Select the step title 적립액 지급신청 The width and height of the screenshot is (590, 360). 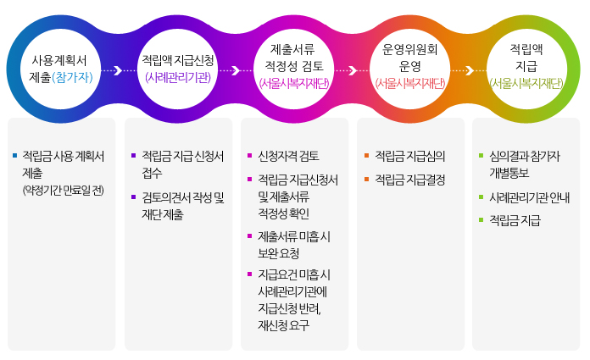tap(178, 61)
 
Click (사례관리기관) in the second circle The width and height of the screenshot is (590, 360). tap(178, 77)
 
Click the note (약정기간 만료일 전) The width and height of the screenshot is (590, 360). tap(63, 189)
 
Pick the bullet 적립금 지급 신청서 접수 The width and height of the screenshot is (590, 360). tap(182, 164)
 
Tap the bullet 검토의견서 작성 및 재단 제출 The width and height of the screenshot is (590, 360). tap(182, 206)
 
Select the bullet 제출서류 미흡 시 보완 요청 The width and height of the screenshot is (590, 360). tap(293, 244)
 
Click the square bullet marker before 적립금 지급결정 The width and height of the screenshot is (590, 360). tap(366, 180)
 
